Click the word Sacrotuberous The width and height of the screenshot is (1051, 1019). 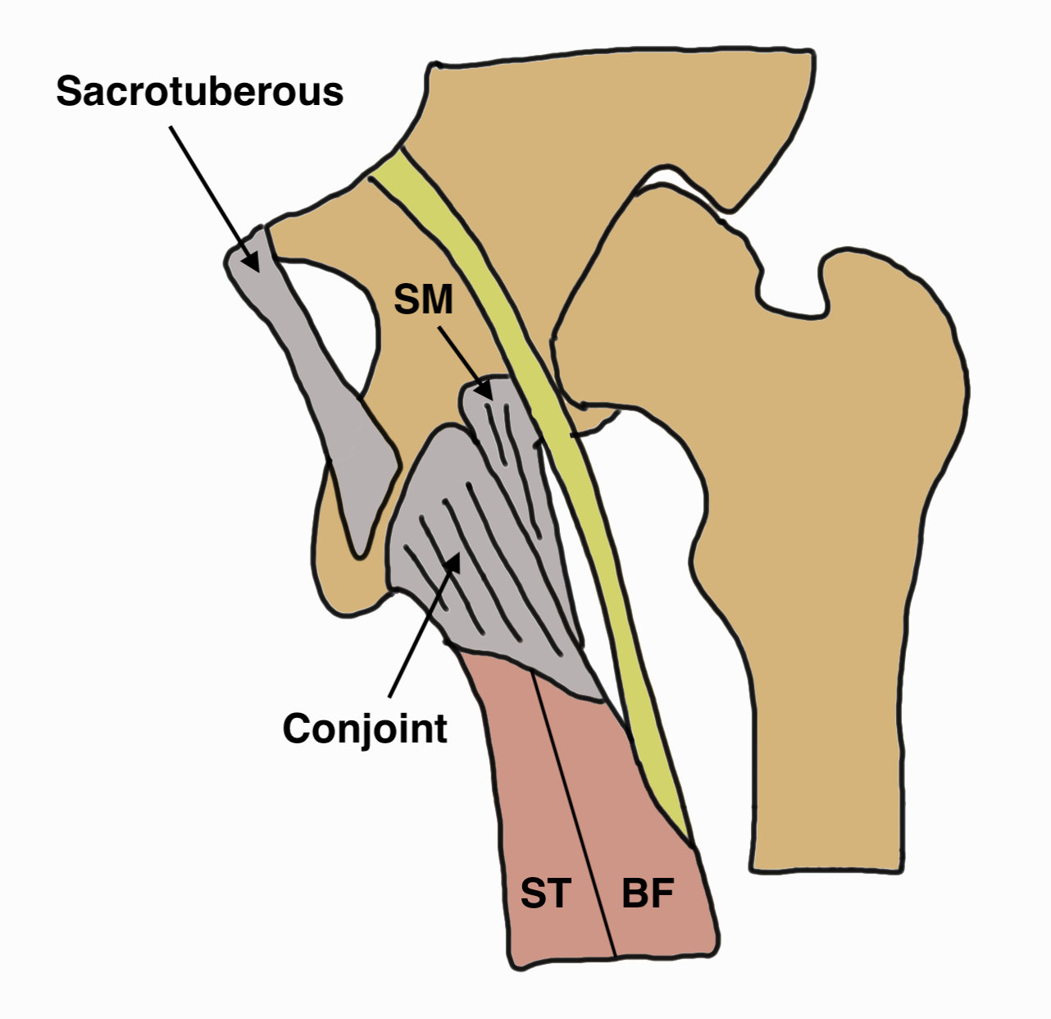pyautogui.click(x=199, y=91)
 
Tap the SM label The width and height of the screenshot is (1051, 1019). pyautogui.click(x=423, y=300)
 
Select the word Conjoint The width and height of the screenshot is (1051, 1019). pyautogui.click(x=365, y=728)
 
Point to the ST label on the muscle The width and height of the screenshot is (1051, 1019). pyautogui.click(x=545, y=893)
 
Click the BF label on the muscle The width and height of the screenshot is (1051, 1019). pyautogui.click(x=648, y=893)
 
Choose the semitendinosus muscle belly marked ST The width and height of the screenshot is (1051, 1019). pyautogui.click(x=541, y=804)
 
